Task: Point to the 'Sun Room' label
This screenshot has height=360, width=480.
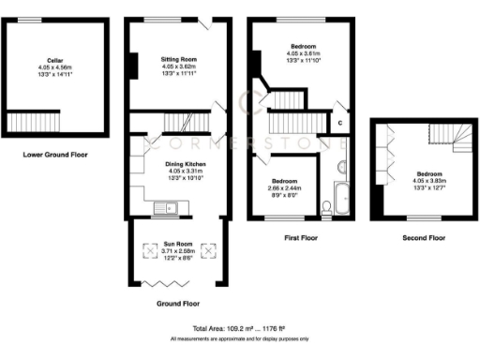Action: point(179,242)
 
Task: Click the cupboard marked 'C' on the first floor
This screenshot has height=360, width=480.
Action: point(339,123)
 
